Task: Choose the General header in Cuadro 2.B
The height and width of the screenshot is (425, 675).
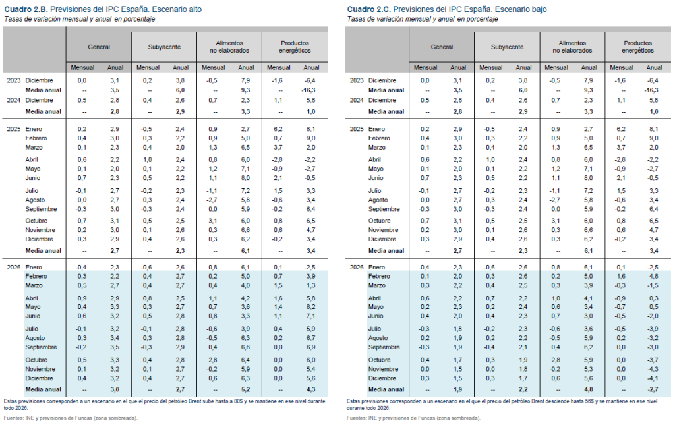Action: click(x=99, y=47)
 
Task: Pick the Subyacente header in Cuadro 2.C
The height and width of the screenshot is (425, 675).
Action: click(x=507, y=47)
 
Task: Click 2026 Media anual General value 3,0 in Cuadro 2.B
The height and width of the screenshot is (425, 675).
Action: click(x=115, y=390)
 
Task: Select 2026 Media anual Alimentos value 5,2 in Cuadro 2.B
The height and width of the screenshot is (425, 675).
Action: click(x=246, y=390)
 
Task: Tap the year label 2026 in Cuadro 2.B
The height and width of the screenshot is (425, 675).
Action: click(x=13, y=266)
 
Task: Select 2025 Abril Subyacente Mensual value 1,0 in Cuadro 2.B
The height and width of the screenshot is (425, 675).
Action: click(x=148, y=159)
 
